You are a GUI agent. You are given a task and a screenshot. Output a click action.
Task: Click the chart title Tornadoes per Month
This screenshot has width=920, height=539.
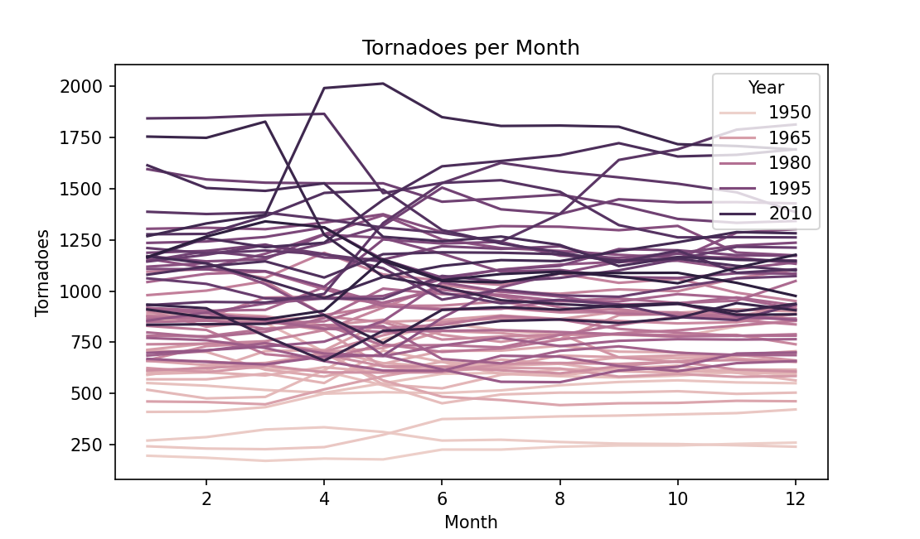tap(471, 48)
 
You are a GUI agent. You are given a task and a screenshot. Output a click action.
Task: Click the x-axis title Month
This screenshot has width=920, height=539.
tap(471, 522)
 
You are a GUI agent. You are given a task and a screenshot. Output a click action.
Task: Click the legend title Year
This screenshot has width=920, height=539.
tap(766, 87)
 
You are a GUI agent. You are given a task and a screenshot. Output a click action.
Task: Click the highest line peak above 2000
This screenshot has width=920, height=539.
tap(382, 84)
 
